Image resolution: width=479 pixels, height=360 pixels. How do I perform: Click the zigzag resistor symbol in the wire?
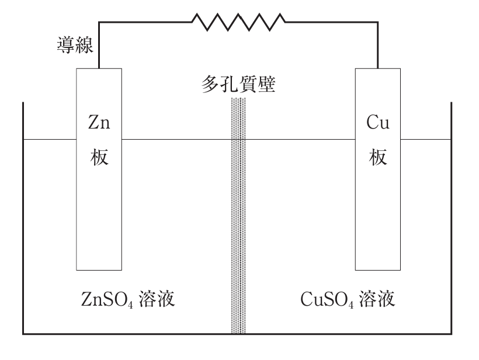[239, 22]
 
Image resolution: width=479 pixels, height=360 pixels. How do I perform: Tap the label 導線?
[75, 45]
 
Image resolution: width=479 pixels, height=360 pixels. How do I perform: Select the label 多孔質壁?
[238, 86]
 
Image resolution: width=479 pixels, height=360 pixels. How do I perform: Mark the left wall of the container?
[23, 222]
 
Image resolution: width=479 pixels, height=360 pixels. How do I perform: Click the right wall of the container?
[452, 222]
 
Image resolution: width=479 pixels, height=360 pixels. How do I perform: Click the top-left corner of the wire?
[98, 22]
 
